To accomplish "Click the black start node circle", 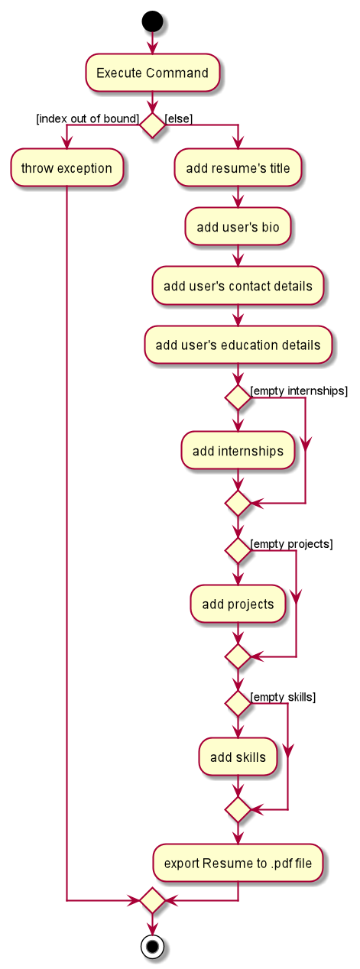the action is [152, 21].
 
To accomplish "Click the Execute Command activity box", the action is [152, 73].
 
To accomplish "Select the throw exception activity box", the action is [66, 167].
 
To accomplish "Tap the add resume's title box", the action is [238, 167].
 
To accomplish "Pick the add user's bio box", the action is [238, 226].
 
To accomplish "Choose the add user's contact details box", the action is [238, 286].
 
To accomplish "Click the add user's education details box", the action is [238, 345].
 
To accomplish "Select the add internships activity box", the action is [238, 450].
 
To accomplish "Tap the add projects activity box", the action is [238, 604].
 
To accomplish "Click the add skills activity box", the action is [238, 757].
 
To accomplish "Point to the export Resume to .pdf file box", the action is [238, 863].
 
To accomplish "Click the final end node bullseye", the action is [152, 947].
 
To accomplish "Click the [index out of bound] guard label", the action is [87, 118].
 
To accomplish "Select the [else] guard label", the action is [179, 118].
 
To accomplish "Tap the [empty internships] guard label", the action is [299, 391].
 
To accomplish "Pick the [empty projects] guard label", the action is [292, 544].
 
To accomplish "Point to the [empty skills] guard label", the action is [283, 698].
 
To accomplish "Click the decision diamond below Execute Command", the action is [152, 125].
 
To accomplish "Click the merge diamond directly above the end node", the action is [152, 901].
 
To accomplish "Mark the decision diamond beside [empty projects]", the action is [238, 551].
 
